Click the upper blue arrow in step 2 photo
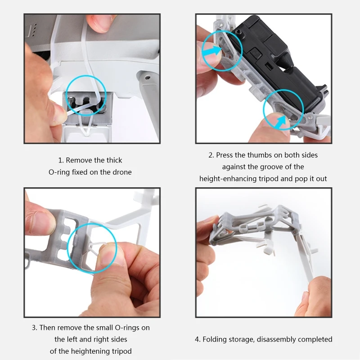(x=212, y=51)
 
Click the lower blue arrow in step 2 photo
(x=280, y=121)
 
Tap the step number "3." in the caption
(x=35, y=328)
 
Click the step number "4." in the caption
(x=198, y=339)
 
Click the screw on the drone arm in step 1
(x=148, y=78)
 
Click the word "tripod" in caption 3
(x=121, y=351)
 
